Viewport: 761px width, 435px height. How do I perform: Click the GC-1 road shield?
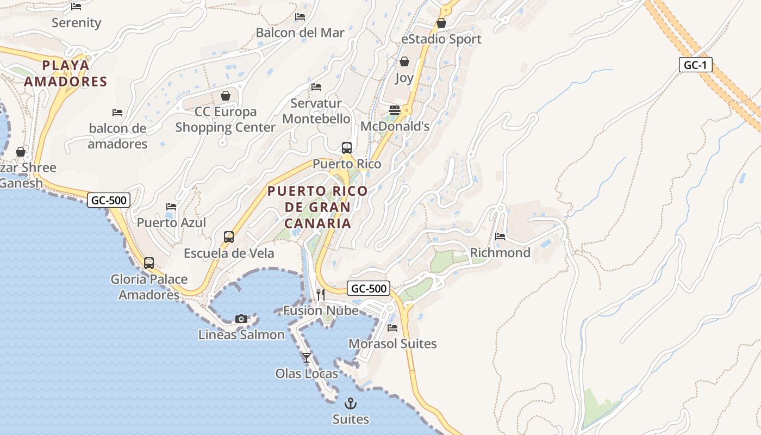pyautogui.click(x=695, y=65)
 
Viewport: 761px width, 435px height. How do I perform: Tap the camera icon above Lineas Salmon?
pyautogui.click(x=241, y=319)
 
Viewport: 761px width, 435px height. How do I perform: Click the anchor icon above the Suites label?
pyautogui.click(x=351, y=403)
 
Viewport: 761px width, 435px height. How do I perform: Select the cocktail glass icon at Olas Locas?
pyautogui.click(x=307, y=357)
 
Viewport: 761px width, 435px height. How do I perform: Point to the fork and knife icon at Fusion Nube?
pyautogui.click(x=321, y=295)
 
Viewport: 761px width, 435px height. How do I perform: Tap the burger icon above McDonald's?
pyautogui.click(x=395, y=110)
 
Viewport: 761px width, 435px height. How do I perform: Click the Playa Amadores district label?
pyautogui.click(x=74, y=73)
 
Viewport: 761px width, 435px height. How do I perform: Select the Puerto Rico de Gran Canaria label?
pyautogui.click(x=318, y=207)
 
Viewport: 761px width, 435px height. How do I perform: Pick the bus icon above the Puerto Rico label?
pyautogui.click(x=347, y=147)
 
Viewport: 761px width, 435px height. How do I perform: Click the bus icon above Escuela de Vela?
pyautogui.click(x=229, y=237)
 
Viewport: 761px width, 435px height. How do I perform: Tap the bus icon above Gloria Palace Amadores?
pyautogui.click(x=149, y=263)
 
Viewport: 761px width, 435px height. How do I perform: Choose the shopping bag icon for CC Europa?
pyautogui.click(x=226, y=96)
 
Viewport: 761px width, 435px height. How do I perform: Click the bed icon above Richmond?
pyautogui.click(x=500, y=237)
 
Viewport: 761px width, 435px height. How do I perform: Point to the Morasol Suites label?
pyautogui.click(x=392, y=344)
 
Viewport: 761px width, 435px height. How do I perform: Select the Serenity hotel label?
pyautogui.click(x=77, y=23)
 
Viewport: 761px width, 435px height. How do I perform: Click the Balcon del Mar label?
pyautogui.click(x=300, y=33)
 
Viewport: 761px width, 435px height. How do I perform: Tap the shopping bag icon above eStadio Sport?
pyautogui.click(x=441, y=23)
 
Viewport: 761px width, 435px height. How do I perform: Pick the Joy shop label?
pyautogui.click(x=404, y=78)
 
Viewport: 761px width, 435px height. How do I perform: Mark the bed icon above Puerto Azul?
pyautogui.click(x=171, y=207)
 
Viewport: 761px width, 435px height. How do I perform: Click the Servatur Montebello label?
pyautogui.click(x=316, y=111)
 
